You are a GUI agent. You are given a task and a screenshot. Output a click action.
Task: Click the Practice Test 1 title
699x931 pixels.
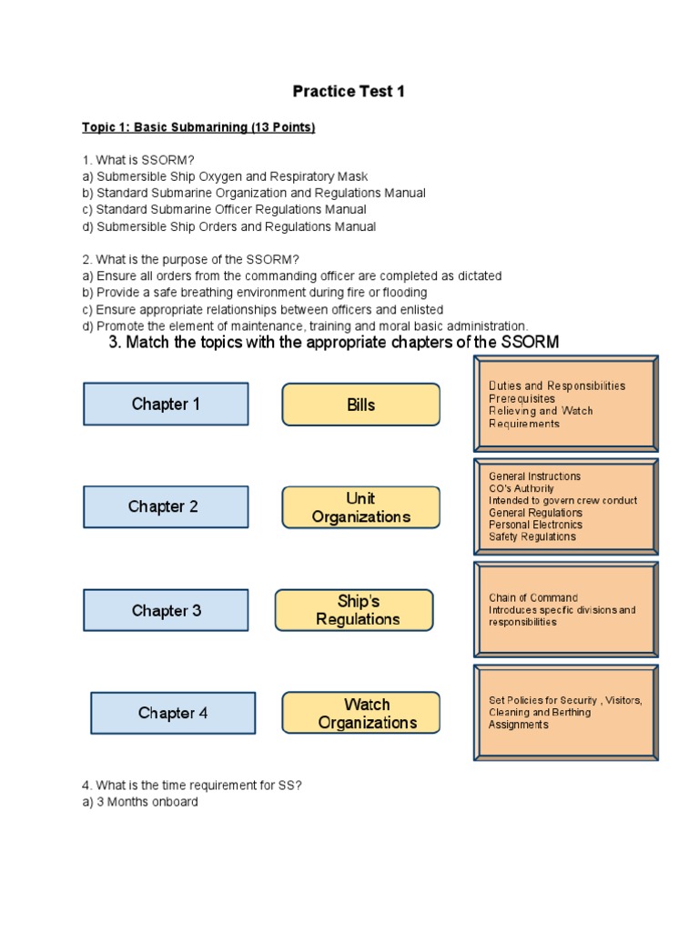348,92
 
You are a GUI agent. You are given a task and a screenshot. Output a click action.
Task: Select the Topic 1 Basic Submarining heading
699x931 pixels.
198,127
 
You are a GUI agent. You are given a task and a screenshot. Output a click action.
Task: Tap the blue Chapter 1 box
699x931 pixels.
166,404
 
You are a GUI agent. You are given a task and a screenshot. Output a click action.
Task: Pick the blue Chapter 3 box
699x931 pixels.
166,610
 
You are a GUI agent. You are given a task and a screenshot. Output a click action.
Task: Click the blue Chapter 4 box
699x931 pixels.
172,713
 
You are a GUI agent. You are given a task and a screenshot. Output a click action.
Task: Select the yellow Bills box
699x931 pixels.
360,405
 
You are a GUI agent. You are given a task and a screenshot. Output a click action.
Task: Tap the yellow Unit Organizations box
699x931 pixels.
360,507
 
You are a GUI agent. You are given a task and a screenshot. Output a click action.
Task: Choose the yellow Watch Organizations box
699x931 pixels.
360,713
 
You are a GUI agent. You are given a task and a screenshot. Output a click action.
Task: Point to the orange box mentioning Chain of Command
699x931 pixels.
566,610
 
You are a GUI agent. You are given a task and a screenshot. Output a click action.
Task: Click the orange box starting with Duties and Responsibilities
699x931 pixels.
566,405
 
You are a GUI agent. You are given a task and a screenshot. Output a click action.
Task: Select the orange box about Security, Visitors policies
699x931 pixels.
566,712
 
